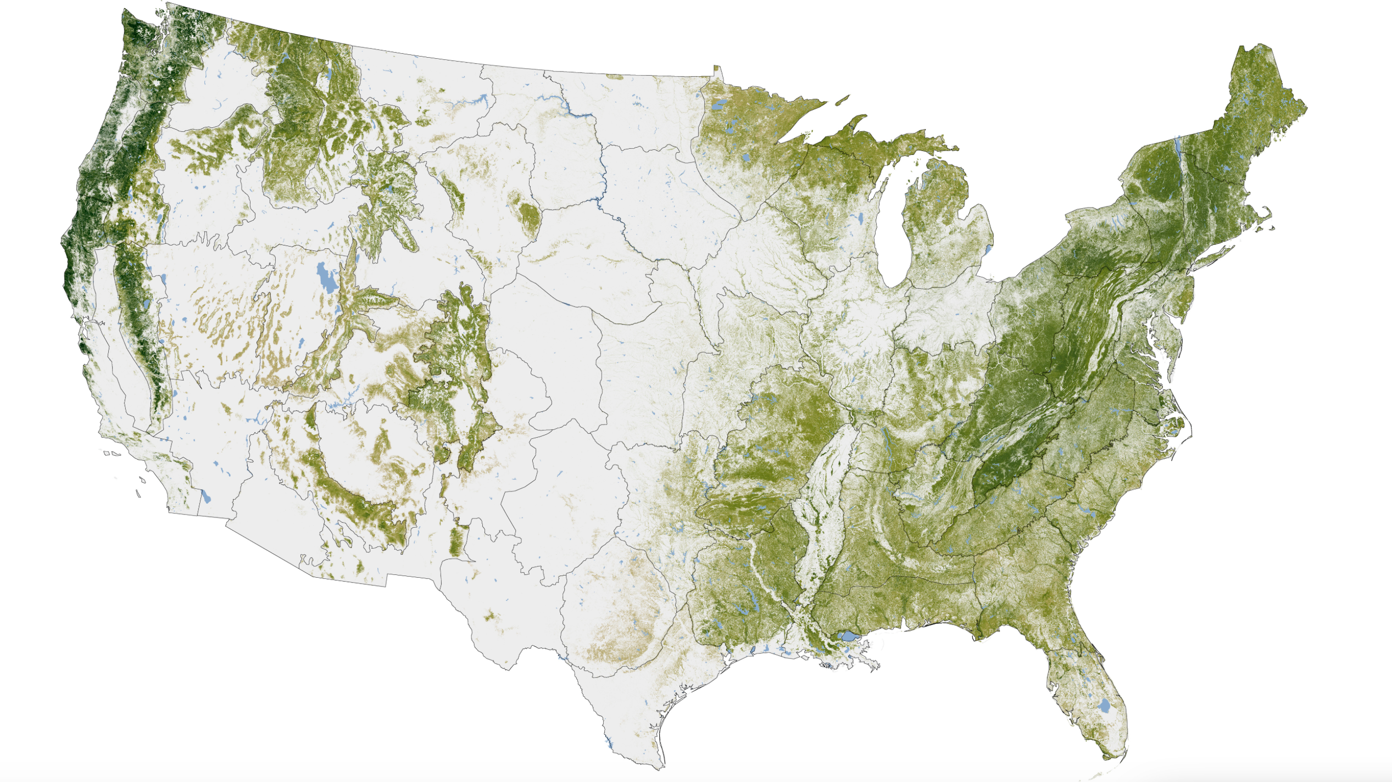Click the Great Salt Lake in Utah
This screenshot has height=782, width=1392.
point(324,277)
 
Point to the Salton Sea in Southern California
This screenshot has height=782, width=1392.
point(206,496)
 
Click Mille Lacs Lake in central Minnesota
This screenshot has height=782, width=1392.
point(745,158)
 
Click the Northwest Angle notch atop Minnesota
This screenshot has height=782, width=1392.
point(716,70)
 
